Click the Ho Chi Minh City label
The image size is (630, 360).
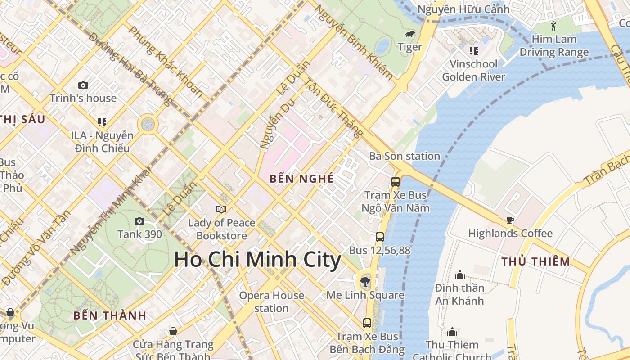[x=257, y=260]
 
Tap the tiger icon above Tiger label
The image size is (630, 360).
[x=409, y=34]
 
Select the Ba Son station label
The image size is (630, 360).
[x=404, y=156]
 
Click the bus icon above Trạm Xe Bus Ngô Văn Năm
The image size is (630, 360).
[x=396, y=182]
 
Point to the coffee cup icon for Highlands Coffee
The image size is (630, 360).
[x=510, y=220]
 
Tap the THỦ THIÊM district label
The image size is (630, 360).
[x=535, y=261]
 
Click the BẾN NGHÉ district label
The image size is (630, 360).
[x=301, y=179]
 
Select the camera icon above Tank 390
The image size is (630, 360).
[x=139, y=221]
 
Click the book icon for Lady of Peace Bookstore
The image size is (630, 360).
[x=221, y=209]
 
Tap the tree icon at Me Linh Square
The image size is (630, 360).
[x=365, y=282]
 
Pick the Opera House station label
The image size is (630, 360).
[x=271, y=302]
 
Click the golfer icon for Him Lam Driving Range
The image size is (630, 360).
[x=553, y=26]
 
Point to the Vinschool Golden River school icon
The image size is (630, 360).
[x=473, y=51]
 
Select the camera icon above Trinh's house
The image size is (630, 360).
[x=83, y=85]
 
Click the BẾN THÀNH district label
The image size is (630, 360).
[x=110, y=315]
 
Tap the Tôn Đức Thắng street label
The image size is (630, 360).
[x=333, y=108]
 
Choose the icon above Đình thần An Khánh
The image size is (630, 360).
[x=459, y=274]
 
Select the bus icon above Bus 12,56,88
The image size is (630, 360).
[x=380, y=237]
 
